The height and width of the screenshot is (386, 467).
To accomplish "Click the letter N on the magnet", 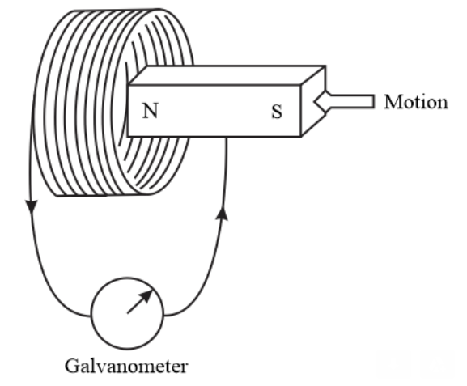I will [x=150, y=112].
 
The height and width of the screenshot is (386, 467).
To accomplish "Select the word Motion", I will [x=414, y=102].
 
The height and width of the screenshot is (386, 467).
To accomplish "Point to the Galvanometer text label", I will [x=126, y=367].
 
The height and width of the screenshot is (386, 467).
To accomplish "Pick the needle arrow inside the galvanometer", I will [x=139, y=303].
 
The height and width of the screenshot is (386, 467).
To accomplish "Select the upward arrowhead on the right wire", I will [x=223, y=214].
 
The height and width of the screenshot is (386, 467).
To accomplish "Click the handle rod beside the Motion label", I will [x=352, y=101].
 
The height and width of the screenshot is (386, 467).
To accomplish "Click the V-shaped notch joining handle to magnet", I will [x=320, y=101].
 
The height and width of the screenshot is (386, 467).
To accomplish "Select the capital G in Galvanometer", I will [x=71, y=366].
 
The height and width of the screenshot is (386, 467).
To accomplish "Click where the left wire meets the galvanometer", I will [x=91, y=314].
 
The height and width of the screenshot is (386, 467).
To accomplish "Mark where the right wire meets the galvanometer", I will [x=163, y=314].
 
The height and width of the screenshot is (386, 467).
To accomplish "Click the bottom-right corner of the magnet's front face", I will [x=301, y=136].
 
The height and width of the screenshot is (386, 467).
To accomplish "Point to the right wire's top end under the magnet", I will [x=227, y=139].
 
